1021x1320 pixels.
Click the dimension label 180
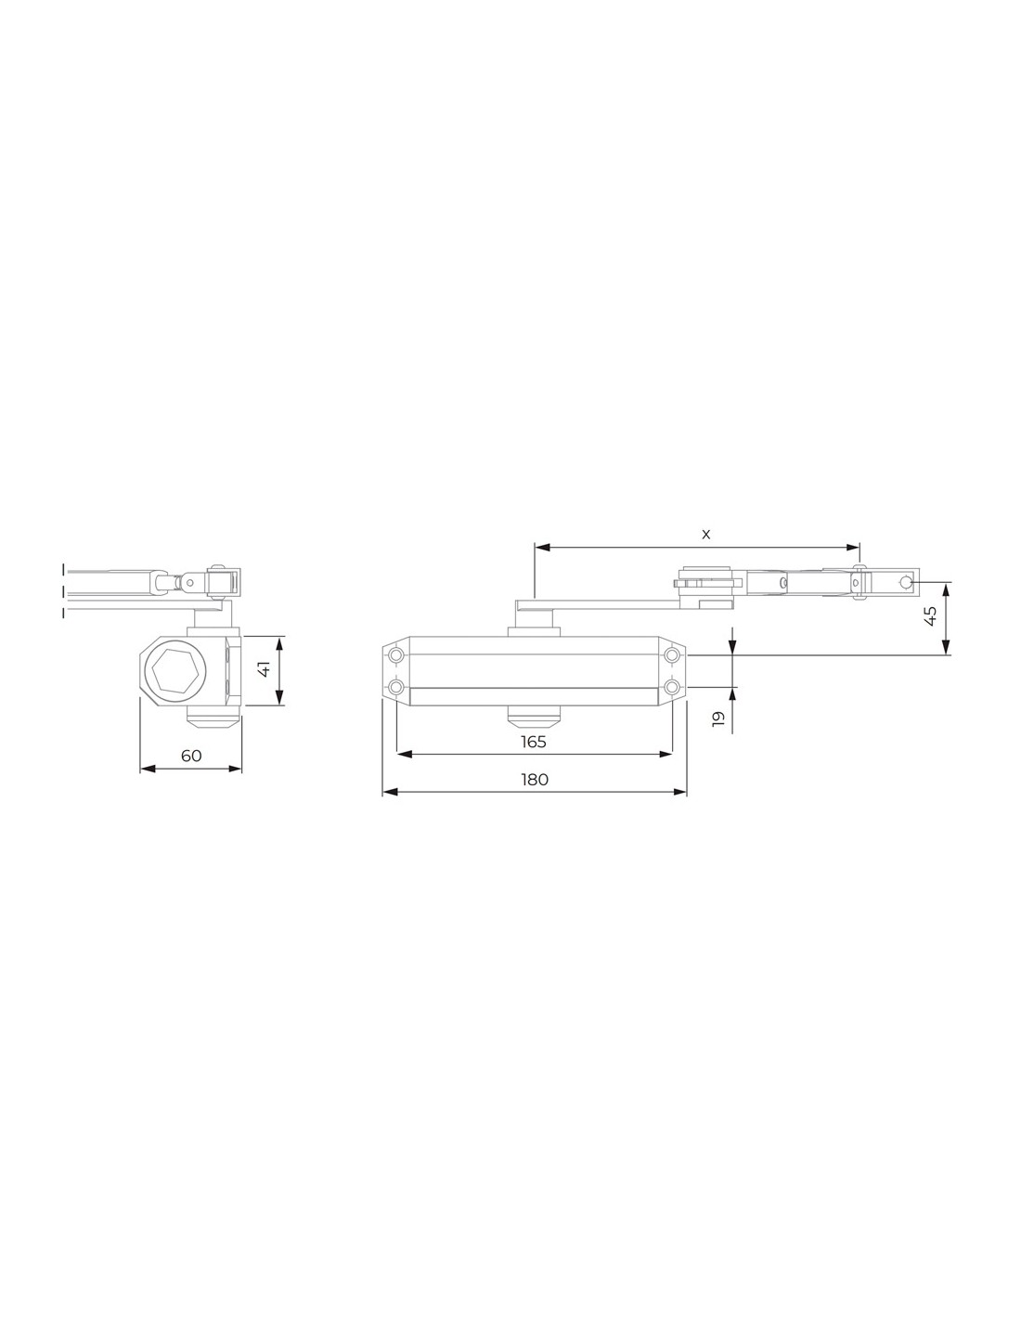[535, 780]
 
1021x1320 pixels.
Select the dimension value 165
[534, 742]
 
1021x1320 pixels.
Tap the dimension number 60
[191, 756]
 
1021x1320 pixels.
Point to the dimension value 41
[264, 669]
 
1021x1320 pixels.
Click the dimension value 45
[930, 616]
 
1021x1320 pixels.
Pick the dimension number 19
[718, 718]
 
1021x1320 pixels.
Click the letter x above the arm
[705, 535]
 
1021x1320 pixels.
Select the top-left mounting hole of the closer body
[396, 655]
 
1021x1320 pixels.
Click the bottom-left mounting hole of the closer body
[396, 687]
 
